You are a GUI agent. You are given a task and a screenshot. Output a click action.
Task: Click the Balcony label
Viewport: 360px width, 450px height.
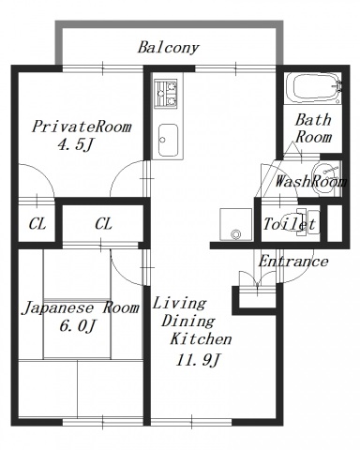tap(168, 47)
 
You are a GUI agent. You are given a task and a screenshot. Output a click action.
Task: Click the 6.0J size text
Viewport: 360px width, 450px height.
tap(77, 325)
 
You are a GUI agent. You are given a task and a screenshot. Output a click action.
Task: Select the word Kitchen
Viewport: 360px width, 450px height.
tap(193, 339)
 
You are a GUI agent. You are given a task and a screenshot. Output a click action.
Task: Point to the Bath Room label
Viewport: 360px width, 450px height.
tap(313, 127)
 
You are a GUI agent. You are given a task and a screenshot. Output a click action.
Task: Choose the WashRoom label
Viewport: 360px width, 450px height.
tap(307, 181)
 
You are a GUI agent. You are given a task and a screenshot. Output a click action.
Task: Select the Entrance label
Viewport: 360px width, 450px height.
tap(292, 261)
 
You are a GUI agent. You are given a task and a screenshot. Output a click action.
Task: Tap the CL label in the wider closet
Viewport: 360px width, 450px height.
tap(103, 224)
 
